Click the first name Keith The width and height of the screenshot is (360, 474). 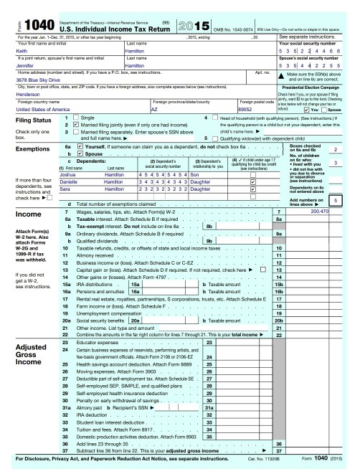22,51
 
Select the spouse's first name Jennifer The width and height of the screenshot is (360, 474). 27,65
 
